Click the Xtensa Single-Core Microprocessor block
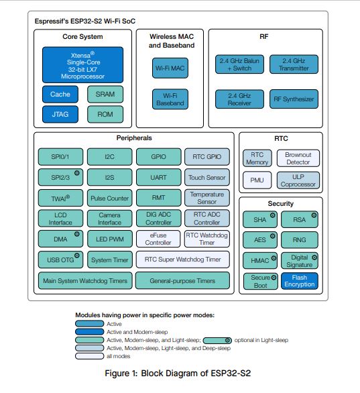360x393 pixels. click(x=82, y=65)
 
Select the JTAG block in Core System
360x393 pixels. click(x=60, y=114)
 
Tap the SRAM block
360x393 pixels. click(x=105, y=95)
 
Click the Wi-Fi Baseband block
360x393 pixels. click(x=170, y=99)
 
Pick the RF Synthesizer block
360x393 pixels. click(x=294, y=99)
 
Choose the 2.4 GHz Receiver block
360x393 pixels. click(x=239, y=99)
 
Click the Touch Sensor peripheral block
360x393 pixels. click(x=207, y=178)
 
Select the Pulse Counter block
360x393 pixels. click(x=110, y=198)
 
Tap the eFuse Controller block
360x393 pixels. click(x=158, y=239)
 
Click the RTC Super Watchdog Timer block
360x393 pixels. click(x=182, y=260)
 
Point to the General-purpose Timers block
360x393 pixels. click(x=182, y=280)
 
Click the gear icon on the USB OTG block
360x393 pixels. click(x=77, y=256)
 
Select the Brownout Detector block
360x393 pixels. click(x=298, y=158)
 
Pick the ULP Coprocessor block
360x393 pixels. click(x=298, y=180)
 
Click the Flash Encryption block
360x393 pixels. click(x=300, y=281)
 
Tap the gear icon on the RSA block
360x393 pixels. click(x=314, y=215)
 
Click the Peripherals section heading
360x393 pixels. click(x=134, y=138)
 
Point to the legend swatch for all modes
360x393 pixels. click(x=89, y=356)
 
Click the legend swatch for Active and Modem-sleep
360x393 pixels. click(x=89, y=332)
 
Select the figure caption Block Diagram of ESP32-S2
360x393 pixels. click(x=196, y=373)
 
